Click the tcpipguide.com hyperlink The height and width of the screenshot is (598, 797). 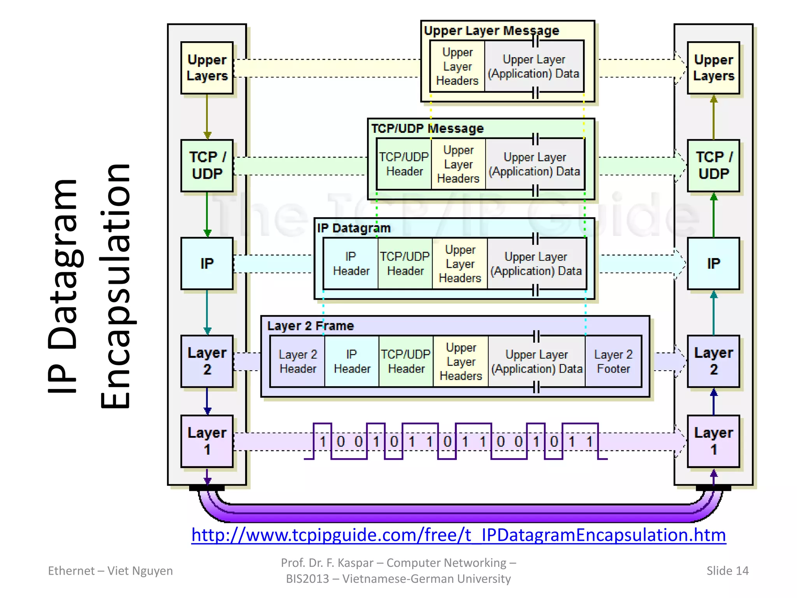pyautogui.click(x=458, y=535)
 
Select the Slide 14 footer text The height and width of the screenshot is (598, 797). pyautogui.click(x=727, y=570)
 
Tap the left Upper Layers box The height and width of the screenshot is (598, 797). pyautogui.click(x=207, y=68)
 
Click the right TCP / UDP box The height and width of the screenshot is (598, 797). pyautogui.click(x=713, y=165)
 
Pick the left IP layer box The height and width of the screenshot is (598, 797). pyautogui.click(x=207, y=264)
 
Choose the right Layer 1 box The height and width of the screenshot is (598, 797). pyautogui.click(x=713, y=441)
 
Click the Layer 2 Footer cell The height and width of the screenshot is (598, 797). pyautogui.click(x=613, y=361)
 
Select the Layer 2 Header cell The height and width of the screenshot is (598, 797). pyautogui.click(x=298, y=361)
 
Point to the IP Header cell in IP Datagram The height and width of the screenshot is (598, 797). pyautogui.click(x=351, y=264)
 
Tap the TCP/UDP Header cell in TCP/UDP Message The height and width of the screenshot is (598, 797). pyautogui.click(x=404, y=164)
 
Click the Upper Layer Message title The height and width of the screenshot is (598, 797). pyautogui.click(x=491, y=30)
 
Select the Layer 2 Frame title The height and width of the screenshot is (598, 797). pyautogui.click(x=311, y=325)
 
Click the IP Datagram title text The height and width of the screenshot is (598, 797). pyautogui.click(x=353, y=228)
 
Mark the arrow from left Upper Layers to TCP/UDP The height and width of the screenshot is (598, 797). pyautogui.click(x=207, y=117)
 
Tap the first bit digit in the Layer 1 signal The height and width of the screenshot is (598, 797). pyautogui.click(x=323, y=441)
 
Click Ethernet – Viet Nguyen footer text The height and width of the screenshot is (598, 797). pyautogui.click(x=110, y=570)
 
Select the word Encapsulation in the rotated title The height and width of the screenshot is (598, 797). pyautogui.click(x=115, y=286)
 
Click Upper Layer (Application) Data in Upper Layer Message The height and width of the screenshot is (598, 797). pyautogui.click(x=534, y=66)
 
